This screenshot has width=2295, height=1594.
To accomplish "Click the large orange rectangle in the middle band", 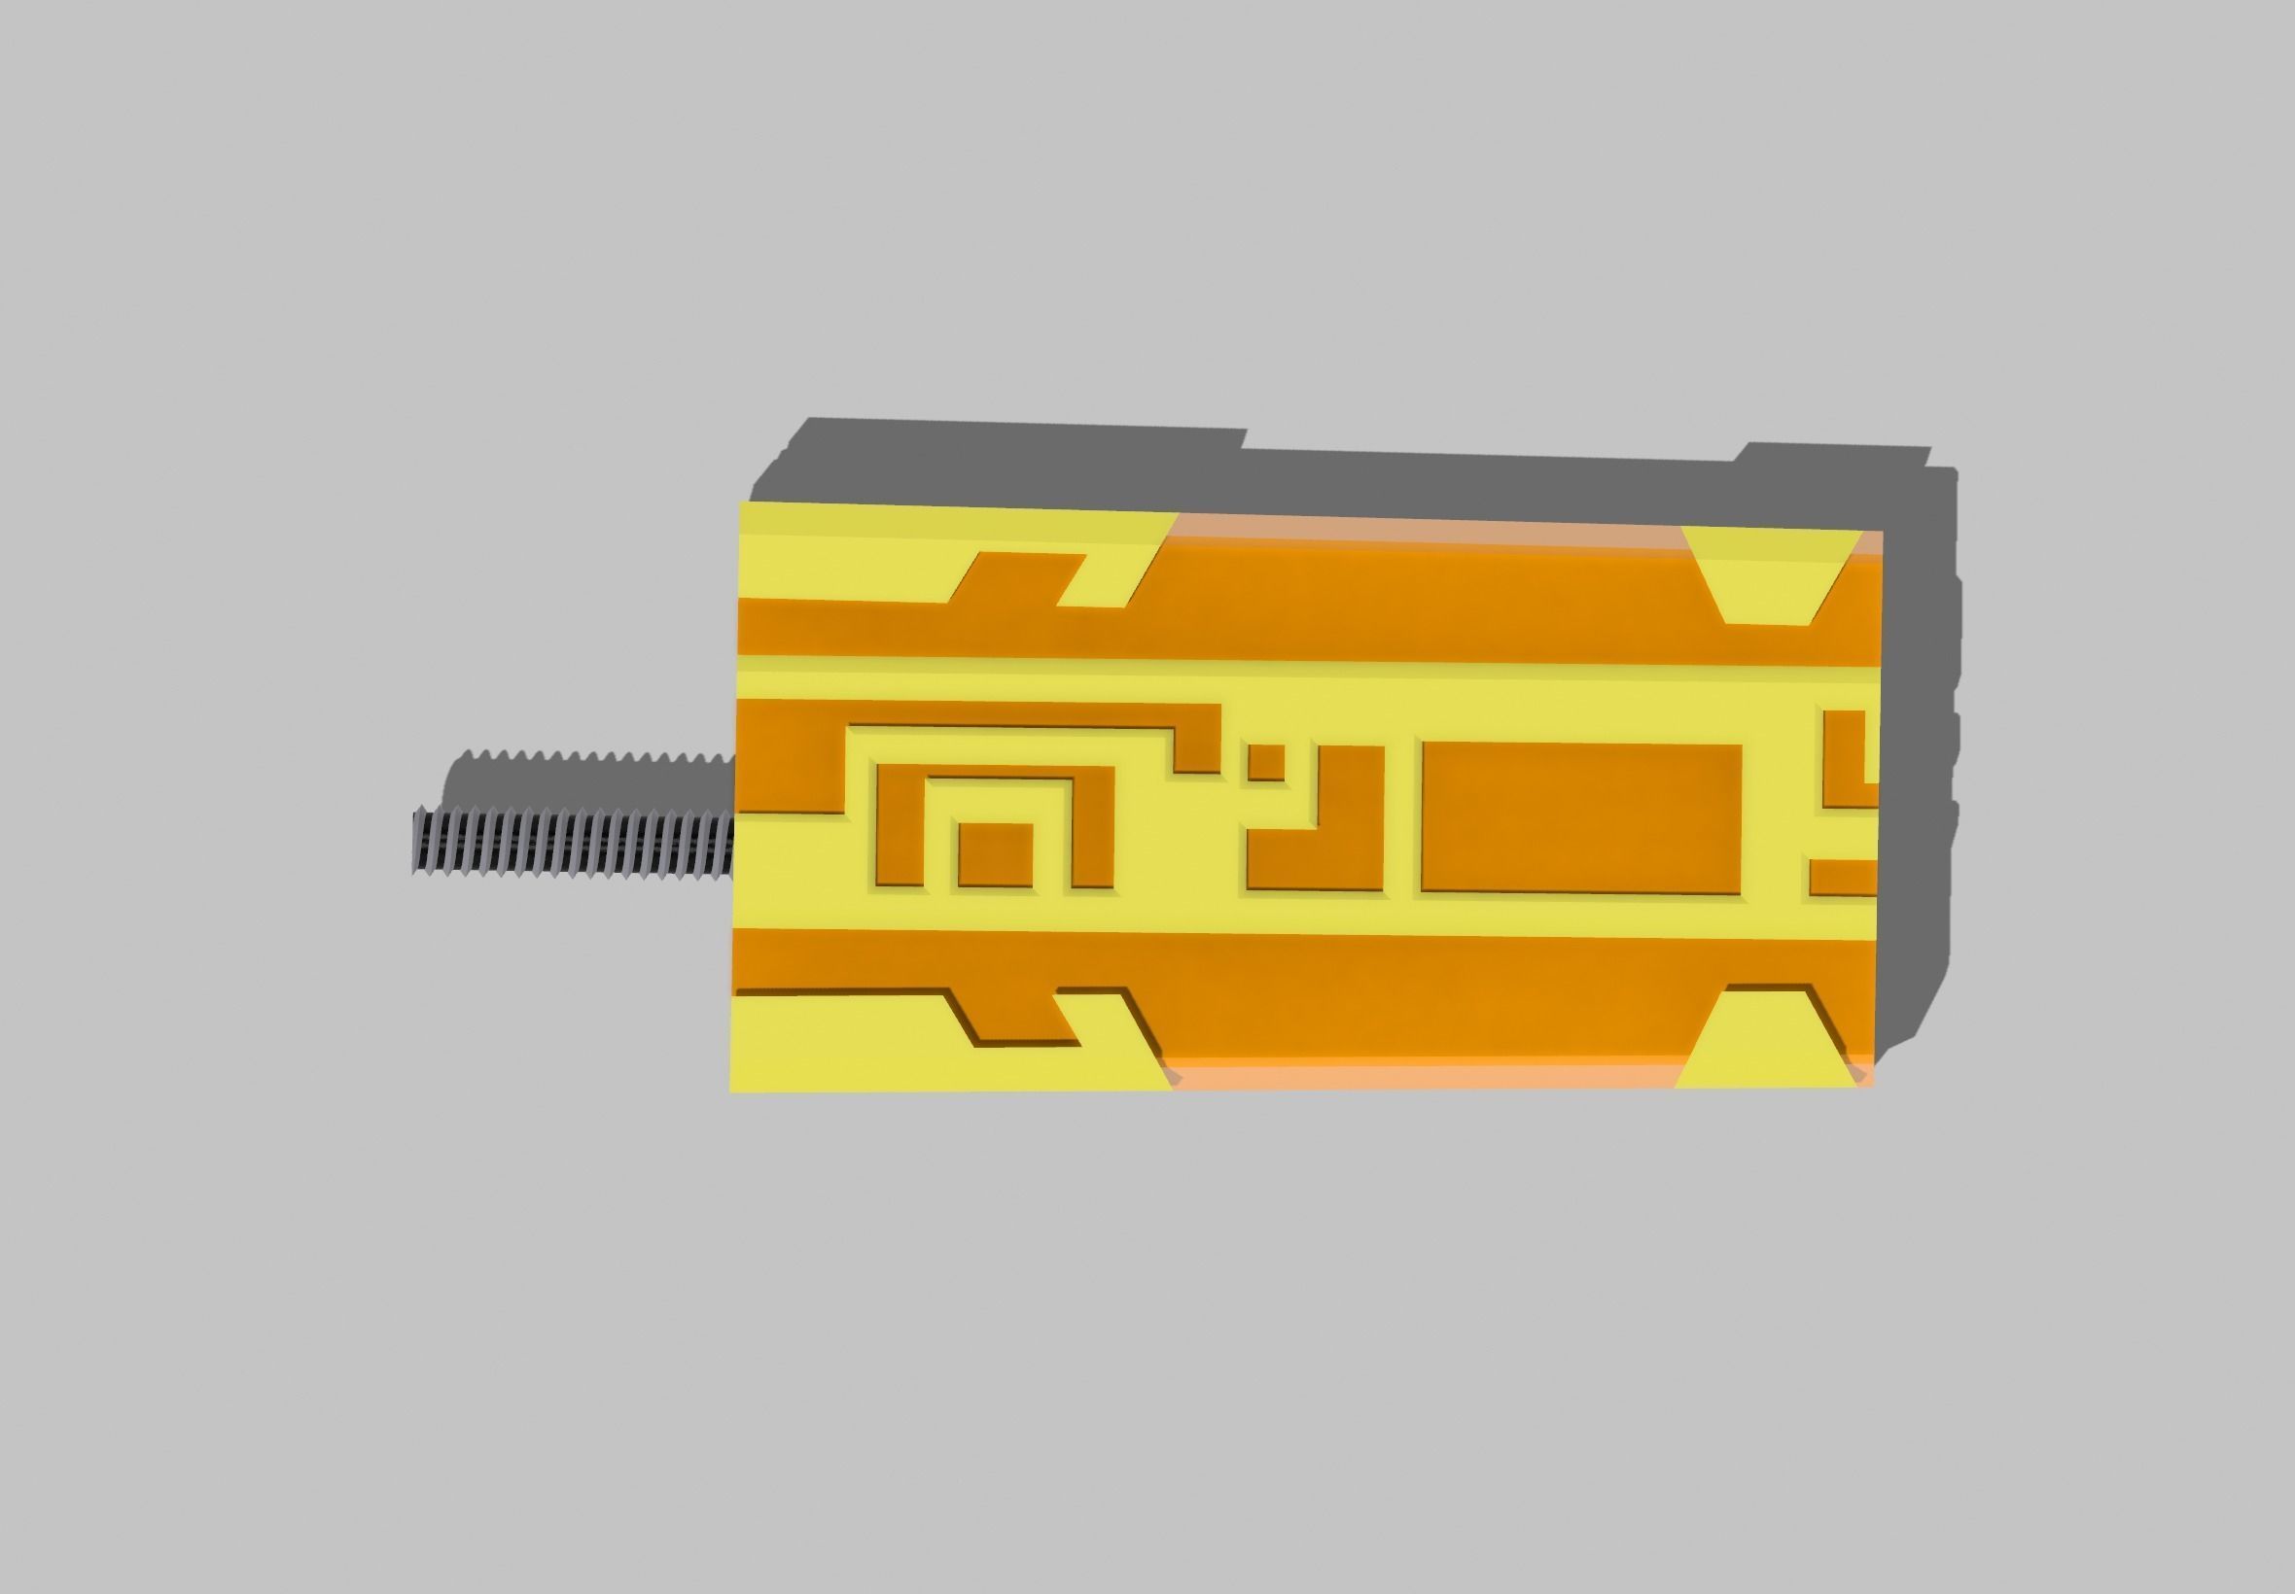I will (1580, 817).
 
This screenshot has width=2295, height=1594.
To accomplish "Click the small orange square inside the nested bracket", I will (995, 854).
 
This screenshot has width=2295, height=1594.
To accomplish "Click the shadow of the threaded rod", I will (589, 775).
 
